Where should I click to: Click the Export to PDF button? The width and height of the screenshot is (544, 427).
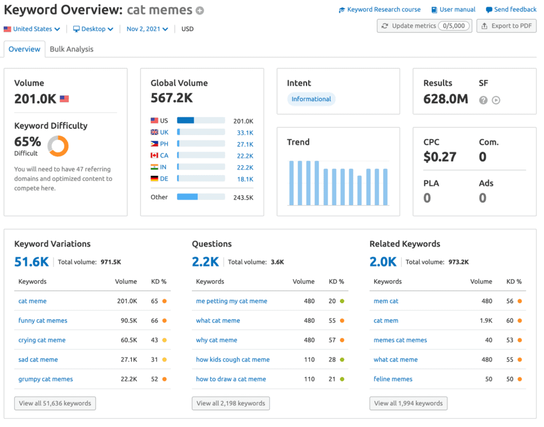[506, 26]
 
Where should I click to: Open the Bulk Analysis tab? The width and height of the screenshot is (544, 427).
[71, 49]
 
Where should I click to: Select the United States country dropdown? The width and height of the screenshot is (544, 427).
[32, 29]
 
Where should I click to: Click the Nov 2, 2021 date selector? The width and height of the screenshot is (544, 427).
[147, 29]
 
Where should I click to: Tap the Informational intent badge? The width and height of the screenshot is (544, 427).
[311, 99]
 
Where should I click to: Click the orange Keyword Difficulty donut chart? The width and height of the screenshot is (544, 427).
[58, 146]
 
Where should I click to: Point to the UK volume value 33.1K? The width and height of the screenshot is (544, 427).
[245, 132]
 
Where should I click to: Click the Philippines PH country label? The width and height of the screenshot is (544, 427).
[164, 144]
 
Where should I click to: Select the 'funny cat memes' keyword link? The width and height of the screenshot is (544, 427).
[42, 321]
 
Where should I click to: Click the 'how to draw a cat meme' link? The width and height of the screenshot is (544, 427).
[231, 379]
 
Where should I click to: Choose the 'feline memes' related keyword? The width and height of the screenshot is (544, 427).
[393, 379]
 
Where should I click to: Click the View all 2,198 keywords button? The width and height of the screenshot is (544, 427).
[231, 404]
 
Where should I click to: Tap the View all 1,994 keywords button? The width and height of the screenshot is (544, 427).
[408, 404]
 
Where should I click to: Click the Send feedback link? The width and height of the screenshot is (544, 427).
[515, 10]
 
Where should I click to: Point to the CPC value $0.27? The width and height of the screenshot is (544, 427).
[439, 157]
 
